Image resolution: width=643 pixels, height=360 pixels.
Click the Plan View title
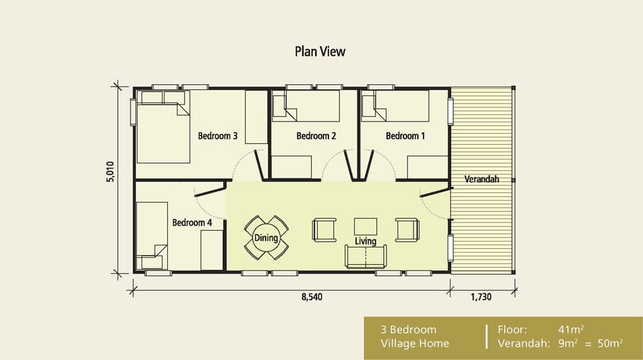(x=320, y=51)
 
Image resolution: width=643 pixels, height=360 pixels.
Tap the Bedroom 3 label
(x=217, y=136)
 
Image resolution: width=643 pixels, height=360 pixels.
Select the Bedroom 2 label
(x=316, y=136)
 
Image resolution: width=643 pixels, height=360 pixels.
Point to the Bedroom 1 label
(x=405, y=136)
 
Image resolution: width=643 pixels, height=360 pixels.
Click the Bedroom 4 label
(x=192, y=222)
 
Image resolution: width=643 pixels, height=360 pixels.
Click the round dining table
(x=266, y=238)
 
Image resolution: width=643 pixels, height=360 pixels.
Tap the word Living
(x=365, y=242)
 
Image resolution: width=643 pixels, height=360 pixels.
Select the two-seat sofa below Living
(x=366, y=256)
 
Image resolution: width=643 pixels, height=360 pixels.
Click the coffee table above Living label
(x=366, y=226)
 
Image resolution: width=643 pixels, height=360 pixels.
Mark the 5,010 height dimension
(x=111, y=173)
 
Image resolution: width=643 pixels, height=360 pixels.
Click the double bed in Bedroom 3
(x=162, y=129)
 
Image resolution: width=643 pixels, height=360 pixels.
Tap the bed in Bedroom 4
(x=152, y=235)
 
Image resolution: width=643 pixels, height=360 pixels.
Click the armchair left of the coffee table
(x=323, y=230)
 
